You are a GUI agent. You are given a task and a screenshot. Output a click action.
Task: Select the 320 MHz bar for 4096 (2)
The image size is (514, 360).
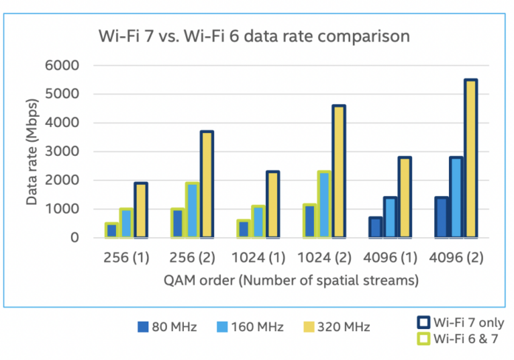[x=470, y=158]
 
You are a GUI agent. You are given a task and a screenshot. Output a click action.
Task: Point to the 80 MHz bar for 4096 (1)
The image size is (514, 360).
[x=375, y=228]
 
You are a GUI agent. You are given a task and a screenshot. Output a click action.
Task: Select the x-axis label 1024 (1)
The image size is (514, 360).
[x=258, y=261]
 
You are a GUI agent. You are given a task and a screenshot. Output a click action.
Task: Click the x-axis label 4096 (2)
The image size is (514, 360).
[x=455, y=261]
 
